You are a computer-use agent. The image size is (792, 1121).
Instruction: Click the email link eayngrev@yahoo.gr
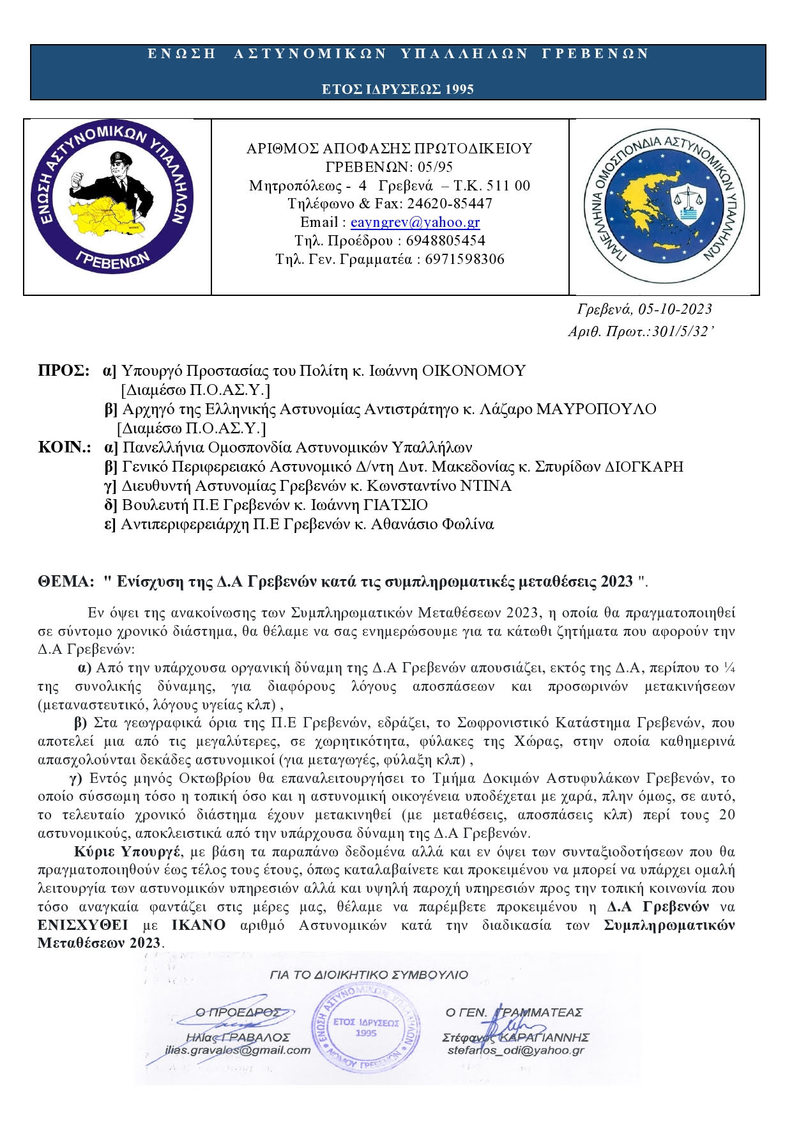(415, 222)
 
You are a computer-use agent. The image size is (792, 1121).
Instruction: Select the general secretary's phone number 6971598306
(464, 259)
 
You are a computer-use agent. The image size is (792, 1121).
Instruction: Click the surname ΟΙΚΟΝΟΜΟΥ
(474, 371)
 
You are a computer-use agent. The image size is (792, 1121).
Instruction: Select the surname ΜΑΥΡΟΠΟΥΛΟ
(596, 409)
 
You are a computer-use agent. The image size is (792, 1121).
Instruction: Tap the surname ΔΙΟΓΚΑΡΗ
(643, 467)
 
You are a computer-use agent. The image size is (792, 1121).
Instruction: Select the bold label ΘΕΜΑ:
(66, 582)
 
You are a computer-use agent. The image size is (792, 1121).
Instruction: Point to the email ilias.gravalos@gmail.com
(238, 1050)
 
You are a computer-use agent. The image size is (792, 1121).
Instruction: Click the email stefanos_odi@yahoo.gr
(515, 1050)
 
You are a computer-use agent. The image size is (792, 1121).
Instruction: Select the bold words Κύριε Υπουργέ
(127, 852)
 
